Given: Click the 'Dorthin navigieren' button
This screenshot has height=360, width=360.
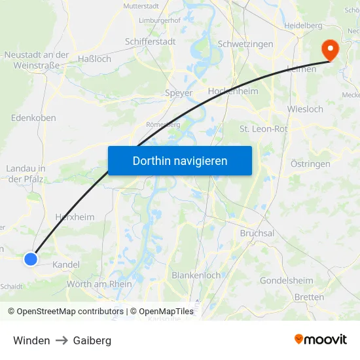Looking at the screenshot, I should coord(180,160).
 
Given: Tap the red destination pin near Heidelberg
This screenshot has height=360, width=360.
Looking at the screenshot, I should coord(329,50).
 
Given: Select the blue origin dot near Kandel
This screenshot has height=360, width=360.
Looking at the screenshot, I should coord(31,259).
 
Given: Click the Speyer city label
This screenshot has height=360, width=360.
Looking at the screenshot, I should coord(179,93).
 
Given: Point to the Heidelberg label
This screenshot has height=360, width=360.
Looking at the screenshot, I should coord(303,25).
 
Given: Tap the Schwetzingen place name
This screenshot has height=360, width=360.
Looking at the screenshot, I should coord(245,44).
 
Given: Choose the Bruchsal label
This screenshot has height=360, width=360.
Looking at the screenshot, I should coord(257,233).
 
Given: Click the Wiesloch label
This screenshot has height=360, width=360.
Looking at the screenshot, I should coord(305,109).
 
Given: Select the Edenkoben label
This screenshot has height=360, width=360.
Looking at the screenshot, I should coord(33,118).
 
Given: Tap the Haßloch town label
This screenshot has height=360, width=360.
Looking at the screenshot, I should coord(94,58).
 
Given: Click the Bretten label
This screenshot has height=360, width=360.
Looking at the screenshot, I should coord(309,297).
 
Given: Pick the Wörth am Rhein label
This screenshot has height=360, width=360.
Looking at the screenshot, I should coord(99,283).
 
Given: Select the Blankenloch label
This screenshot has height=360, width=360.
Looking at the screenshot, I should coord(196,276).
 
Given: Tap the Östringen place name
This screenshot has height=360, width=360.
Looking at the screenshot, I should coord(310,164).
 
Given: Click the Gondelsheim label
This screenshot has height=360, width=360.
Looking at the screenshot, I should coord(286,280).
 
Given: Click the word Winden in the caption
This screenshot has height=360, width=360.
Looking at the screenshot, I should coord(31,340).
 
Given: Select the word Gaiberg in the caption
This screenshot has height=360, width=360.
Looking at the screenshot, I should coord(92,340).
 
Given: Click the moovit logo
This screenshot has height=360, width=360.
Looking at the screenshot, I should coord(321,339).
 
